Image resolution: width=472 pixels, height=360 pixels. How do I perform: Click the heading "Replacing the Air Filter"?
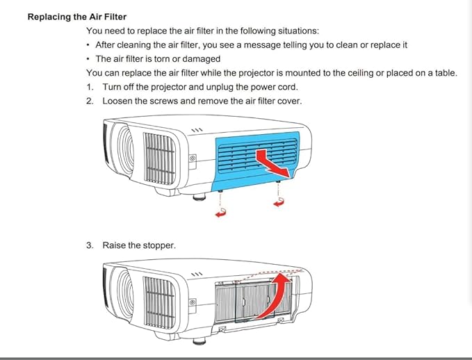(x=77, y=17)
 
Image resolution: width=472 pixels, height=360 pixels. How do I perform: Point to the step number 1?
(x=90, y=87)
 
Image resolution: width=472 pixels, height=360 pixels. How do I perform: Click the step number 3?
(x=90, y=245)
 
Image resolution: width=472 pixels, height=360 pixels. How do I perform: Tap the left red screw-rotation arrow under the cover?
(x=220, y=213)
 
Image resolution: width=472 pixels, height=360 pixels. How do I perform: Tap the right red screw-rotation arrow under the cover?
(x=279, y=202)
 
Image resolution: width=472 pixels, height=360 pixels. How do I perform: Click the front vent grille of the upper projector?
(x=160, y=158)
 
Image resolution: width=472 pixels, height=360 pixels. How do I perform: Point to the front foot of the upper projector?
(x=200, y=197)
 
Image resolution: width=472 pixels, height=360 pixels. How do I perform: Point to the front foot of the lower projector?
(x=200, y=341)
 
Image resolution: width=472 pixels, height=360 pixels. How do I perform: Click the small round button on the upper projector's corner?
(x=193, y=158)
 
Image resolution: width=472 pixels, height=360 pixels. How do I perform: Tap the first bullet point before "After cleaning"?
(x=88, y=45)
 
